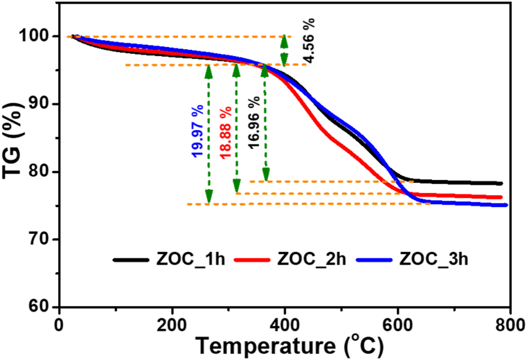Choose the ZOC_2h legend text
(x=313, y=260)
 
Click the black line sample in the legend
(x=131, y=260)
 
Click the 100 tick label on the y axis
(x=39, y=36)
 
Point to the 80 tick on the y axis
(x=43, y=172)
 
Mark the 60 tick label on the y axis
(x=43, y=307)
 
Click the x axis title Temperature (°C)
(x=284, y=346)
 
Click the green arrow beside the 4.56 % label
(x=284, y=51)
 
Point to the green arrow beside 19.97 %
(x=208, y=135)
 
